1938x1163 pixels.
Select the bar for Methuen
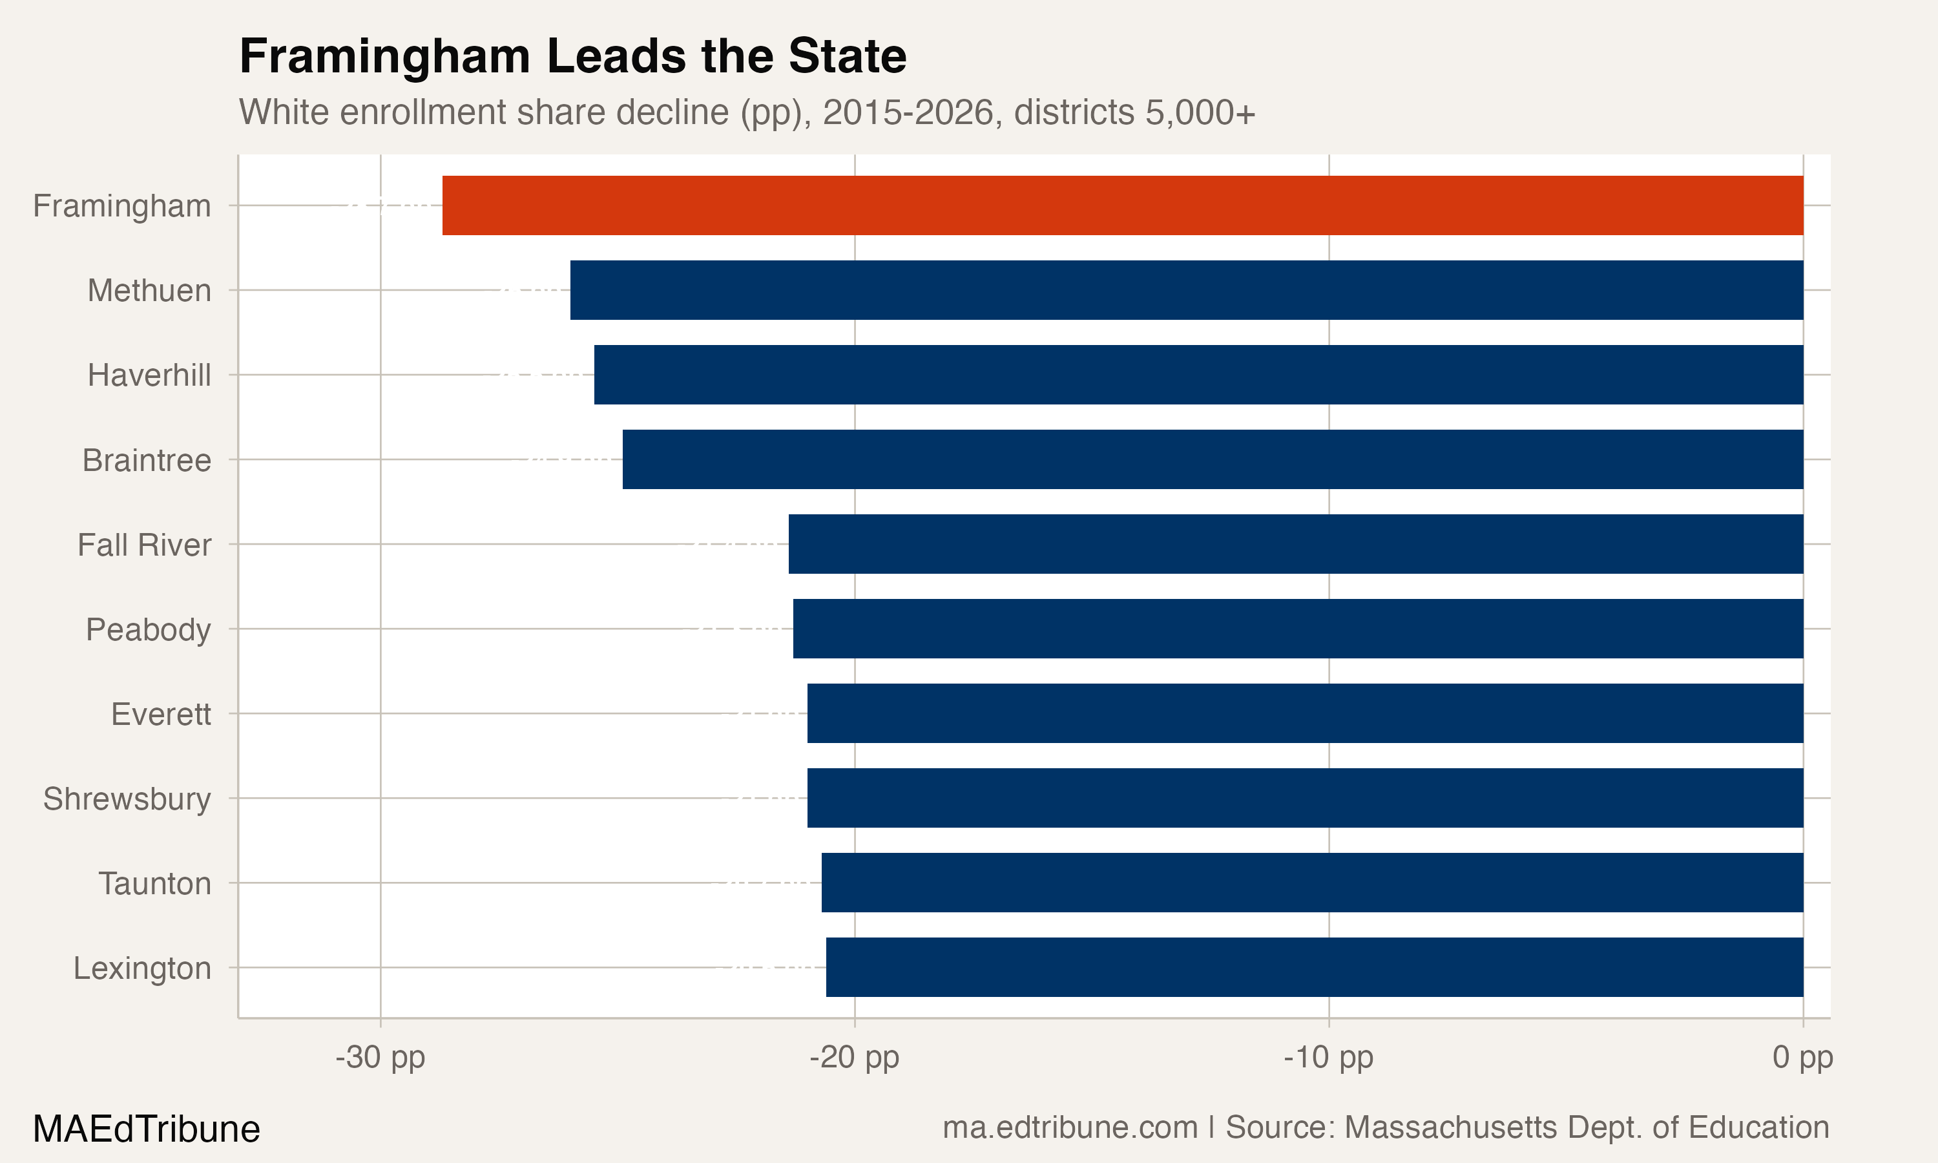[x=1186, y=290]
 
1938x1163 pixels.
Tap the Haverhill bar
[x=1198, y=375]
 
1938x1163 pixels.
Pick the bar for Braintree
[x=1212, y=459]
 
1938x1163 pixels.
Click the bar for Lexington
[x=1314, y=967]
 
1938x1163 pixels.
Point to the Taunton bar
[x=1311, y=883]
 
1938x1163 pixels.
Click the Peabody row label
[x=148, y=629]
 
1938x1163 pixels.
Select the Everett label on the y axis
[x=161, y=714]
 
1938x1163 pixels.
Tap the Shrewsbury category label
[x=127, y=799]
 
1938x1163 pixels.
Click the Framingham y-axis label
[x=121, y=206]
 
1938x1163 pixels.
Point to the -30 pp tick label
[x=380, y=1057]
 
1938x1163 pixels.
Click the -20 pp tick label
[x=854, y=1057]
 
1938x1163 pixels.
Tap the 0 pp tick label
[x=1802, y=1057]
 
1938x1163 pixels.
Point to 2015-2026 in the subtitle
[x=907, y=112]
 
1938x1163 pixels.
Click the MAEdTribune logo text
[x=147, y=1129]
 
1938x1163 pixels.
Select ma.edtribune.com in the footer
[x=1069, y=1127]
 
